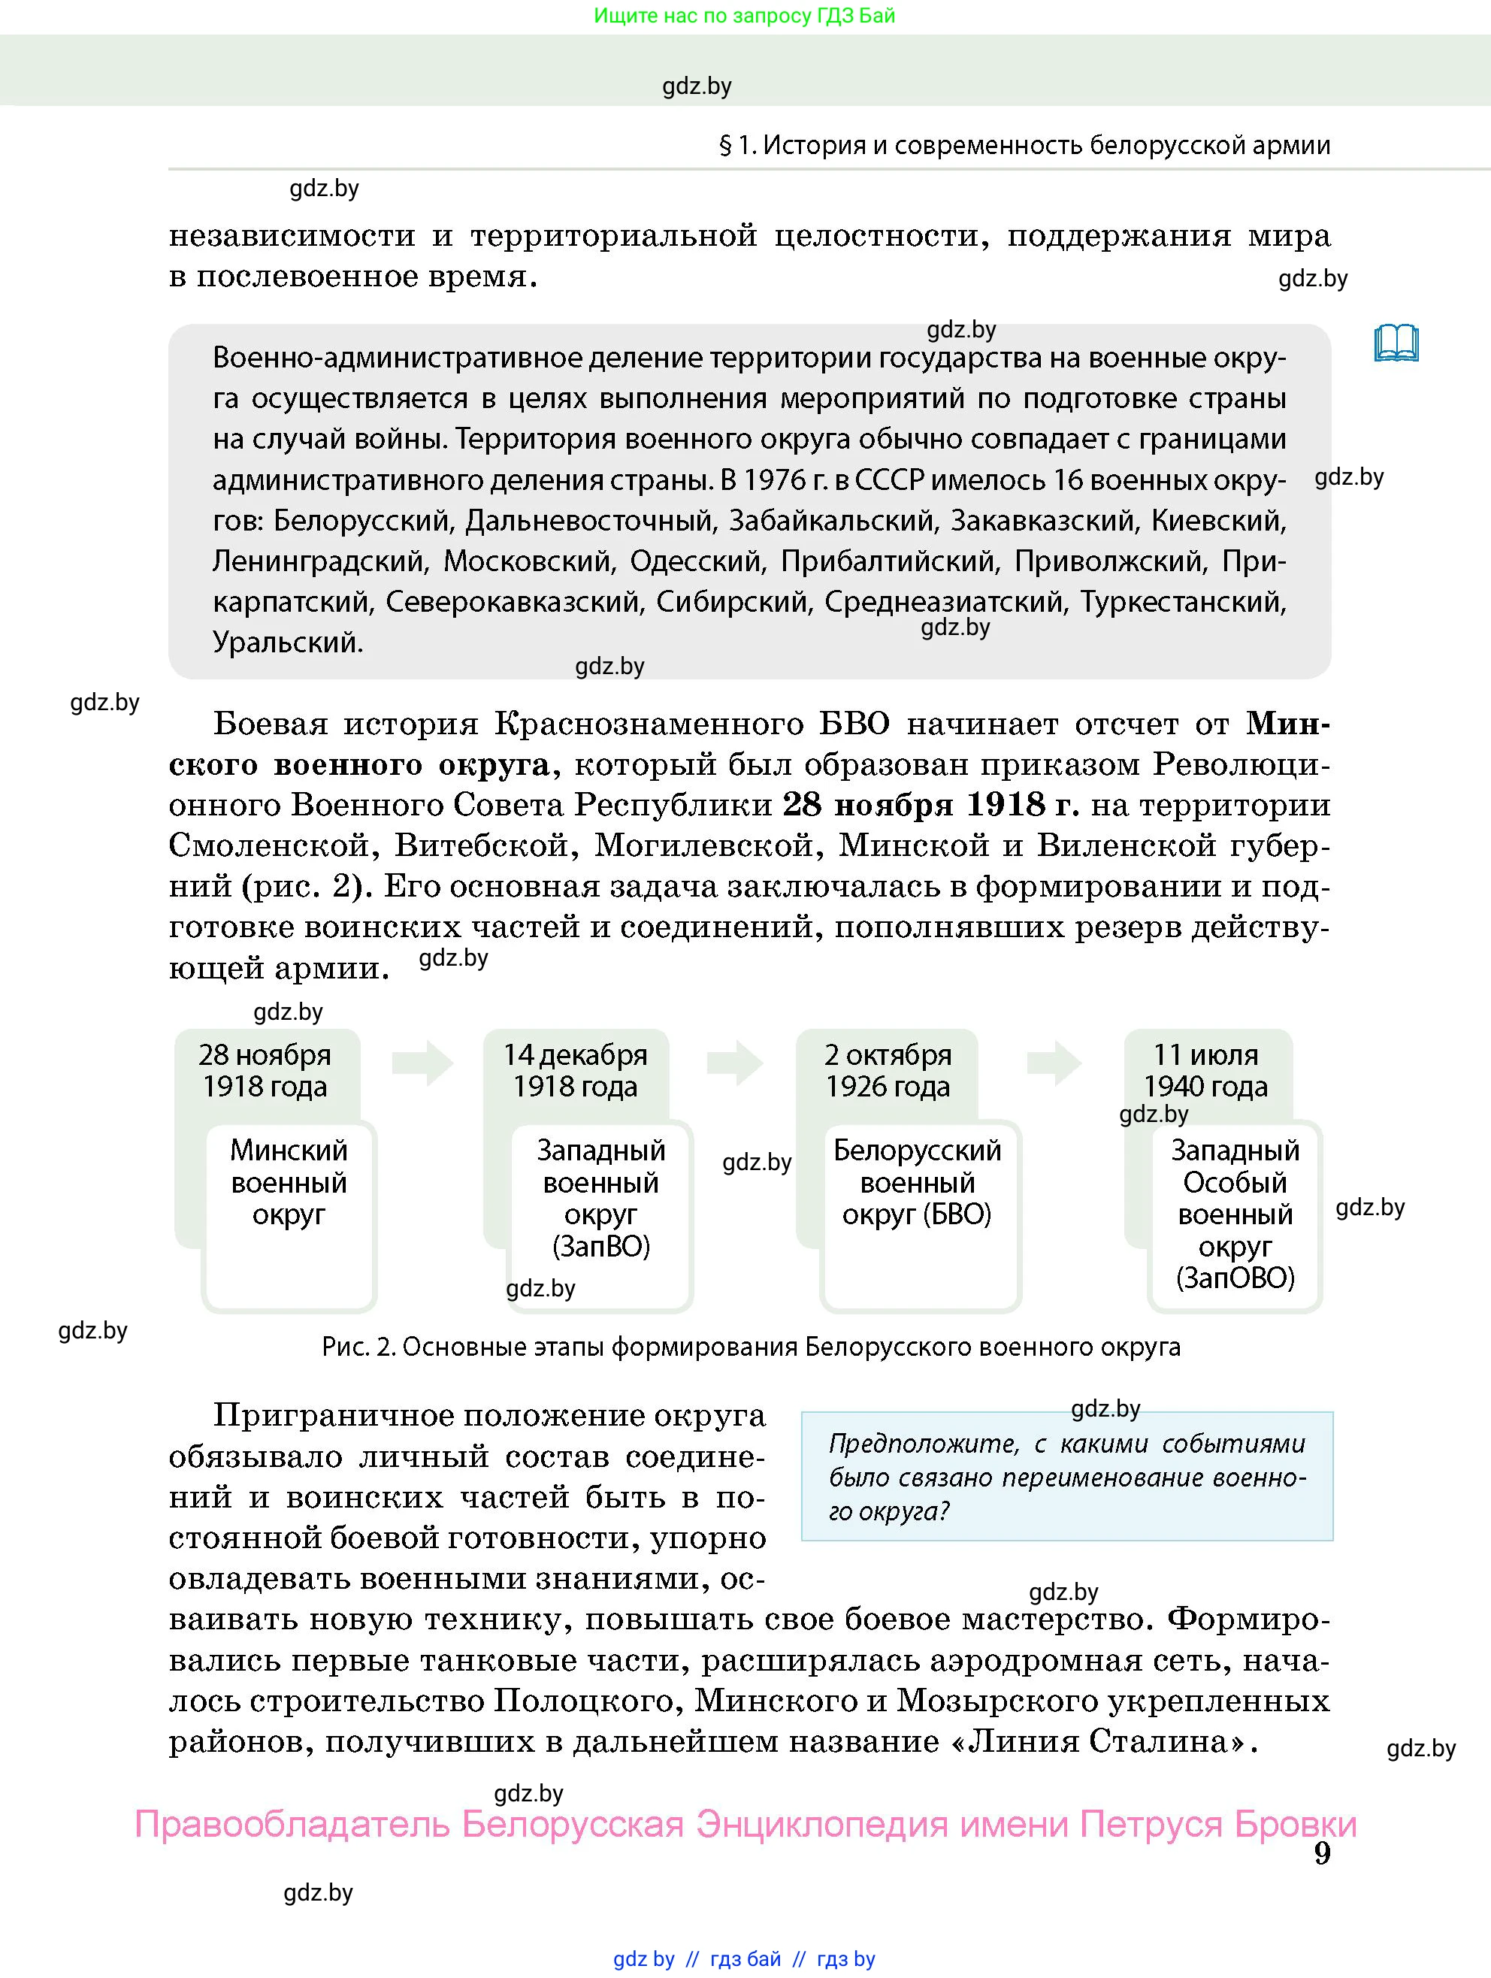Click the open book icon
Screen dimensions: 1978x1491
coord(1396,343)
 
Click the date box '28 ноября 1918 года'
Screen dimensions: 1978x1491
coord(265,1070)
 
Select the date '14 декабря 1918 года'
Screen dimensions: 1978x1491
coord(575,1070)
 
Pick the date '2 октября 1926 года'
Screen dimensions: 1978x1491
coord(888,1070)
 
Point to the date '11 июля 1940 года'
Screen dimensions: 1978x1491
coord(1205,1070)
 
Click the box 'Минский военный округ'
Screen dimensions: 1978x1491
coord(289,1183)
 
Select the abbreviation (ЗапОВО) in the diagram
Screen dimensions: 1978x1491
coord(1235,1278)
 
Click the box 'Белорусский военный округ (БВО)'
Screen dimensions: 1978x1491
coord(918,1183)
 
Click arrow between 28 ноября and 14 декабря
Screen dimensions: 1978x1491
coord(422,1063)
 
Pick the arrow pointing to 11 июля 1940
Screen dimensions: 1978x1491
coord(1054,1063)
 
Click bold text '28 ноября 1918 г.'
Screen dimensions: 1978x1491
coord(930,805)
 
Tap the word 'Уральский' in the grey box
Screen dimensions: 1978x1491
coord(286,642)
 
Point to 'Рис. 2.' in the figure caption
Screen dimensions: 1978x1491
coord(358,1347)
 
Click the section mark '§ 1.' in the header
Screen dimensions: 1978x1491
coord(738,146)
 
